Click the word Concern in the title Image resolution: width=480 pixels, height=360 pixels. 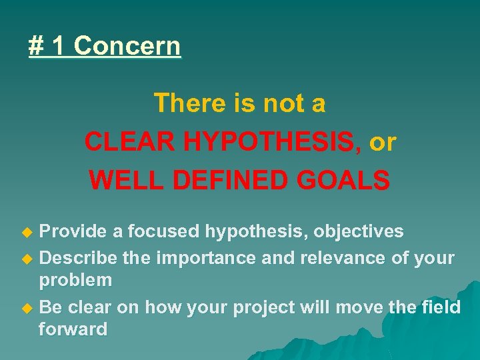pyautogui.click(x=127, y=46)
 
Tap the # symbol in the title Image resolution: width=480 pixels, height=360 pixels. pyautogui.click(x=36, y=46)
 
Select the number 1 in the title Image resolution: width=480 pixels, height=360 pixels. pyautogui.click(x=59, y=46)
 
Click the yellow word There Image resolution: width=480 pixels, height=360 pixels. pyautogui.click(x=186, y=103)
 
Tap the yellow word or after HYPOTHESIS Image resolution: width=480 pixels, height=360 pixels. pyautogui.click(x=382, y=141)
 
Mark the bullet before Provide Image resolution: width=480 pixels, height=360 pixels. pyautogui.click(x=27, y=232)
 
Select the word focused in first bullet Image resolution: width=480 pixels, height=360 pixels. pyautogui.click(x=163, y=231)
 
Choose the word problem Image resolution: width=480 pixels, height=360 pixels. pyautogui.click(x=75, y=281)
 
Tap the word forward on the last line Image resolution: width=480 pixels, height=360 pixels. pyautogui.click(x=73, y=329)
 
